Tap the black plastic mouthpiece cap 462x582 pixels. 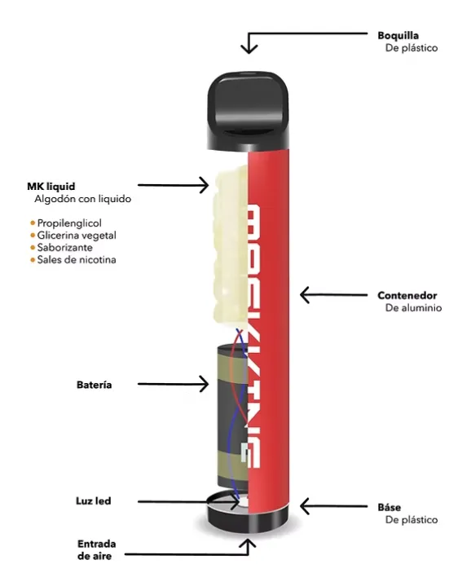[x=249, y=108]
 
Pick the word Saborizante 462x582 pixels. [x=64, y=247]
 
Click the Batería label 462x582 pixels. [x=95, y=385]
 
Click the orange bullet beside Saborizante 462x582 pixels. [x=33, y=247]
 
